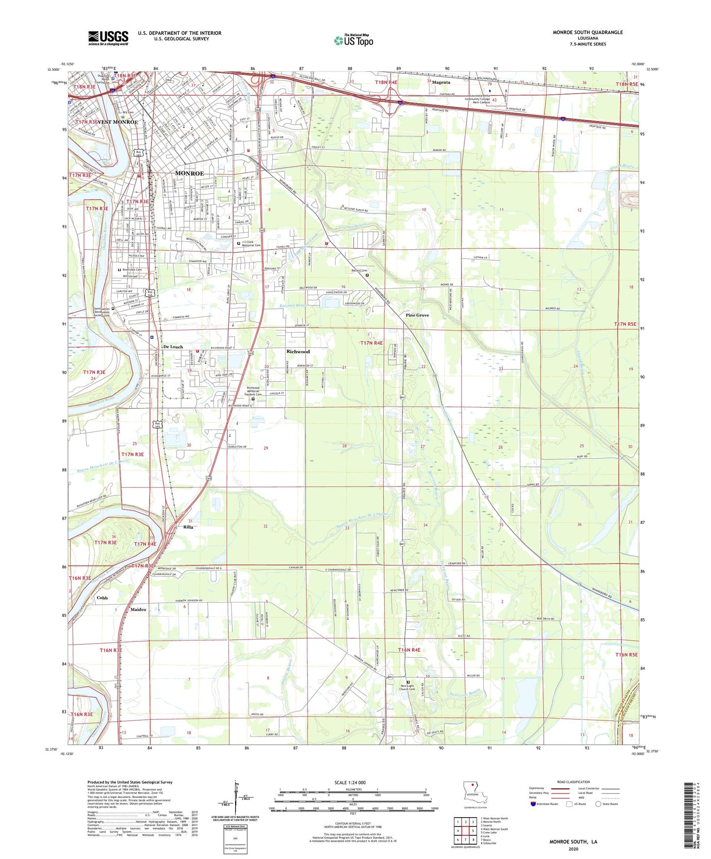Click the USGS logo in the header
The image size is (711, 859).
tap(108, 37)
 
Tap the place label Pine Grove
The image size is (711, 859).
tap(417, 315)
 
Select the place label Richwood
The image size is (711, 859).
tap(298, 351)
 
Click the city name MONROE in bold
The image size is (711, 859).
tap(189, 173)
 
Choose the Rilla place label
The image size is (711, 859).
tap(188, 527)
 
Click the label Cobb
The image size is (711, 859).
tap(102, 598)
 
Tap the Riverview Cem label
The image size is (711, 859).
tap(131, 270)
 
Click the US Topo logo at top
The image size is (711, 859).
tap(353, 40)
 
